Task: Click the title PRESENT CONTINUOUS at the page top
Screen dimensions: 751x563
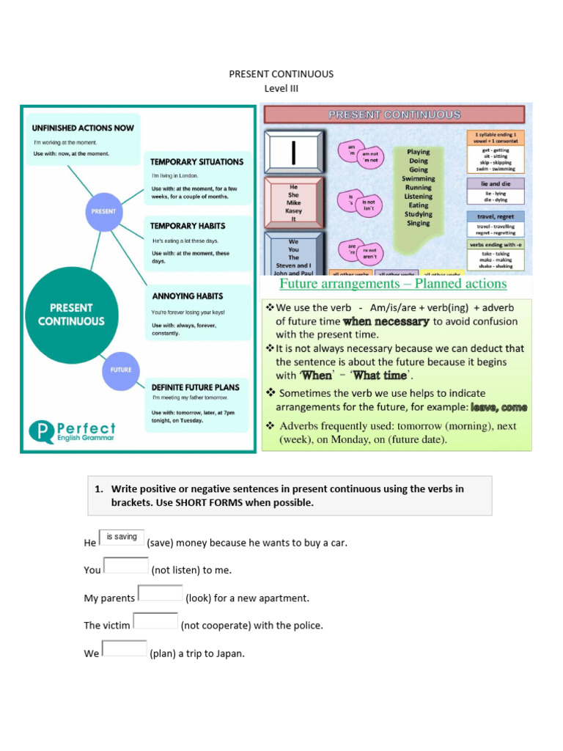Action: tap(281, 74)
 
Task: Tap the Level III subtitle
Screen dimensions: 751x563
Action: tap(281, 89)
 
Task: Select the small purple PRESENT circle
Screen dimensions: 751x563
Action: tap(103, 210)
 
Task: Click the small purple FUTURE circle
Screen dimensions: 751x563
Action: tap(121, 370)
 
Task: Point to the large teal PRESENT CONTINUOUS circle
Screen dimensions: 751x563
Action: tap(71, 315)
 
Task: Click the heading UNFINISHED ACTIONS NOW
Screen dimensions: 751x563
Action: tap(84, 128)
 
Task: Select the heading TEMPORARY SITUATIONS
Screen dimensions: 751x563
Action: tap(196, 161)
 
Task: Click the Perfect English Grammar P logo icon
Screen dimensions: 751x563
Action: tap(41, 431)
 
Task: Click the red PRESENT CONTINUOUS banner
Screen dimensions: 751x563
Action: tap(394, 114)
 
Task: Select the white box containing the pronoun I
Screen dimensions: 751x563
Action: tap(293, 153)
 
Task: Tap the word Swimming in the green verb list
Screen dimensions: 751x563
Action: tap(418, 178)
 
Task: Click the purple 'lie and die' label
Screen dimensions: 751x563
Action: tap(496, 183)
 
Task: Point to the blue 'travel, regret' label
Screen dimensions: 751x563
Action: tap(496, 216)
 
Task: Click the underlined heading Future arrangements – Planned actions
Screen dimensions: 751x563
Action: tap(393, 284)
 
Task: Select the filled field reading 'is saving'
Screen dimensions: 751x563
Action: tap(121, 538)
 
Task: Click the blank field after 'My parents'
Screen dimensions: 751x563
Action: tap(160, 593)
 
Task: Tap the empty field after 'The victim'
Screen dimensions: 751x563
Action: tap(155, 620)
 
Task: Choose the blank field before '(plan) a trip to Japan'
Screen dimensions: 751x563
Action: tap(124, 648)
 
